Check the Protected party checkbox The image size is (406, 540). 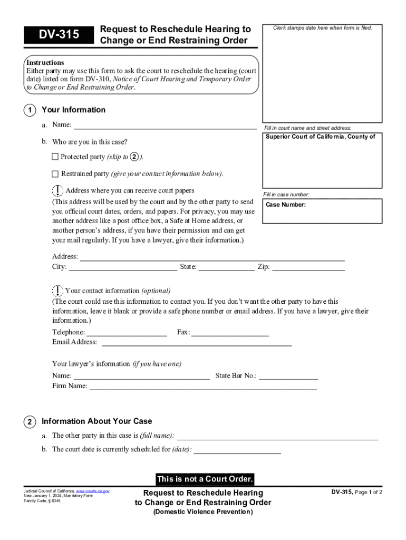[x=55, y=157]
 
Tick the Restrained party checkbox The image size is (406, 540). [x=55, y=173]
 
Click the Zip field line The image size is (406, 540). [x=308, y=267]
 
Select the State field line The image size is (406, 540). [x=226, y=267]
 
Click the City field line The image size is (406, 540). [x=123, y=267]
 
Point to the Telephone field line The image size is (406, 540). [x=127, y=333]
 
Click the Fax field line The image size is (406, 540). [x=230, y=333]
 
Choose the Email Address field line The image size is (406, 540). [x=196, y=342]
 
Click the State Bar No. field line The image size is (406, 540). [x=288, y=376]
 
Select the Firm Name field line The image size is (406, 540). [x=203, y=387]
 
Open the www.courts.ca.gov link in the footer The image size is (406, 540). [x=93, y=491]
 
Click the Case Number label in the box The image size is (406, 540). [x=286, y=205]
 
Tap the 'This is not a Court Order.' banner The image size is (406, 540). [x=205, y=479]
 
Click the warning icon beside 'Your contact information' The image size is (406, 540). [x=57, y=291]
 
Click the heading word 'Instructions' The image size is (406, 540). [x=45, y=62]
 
